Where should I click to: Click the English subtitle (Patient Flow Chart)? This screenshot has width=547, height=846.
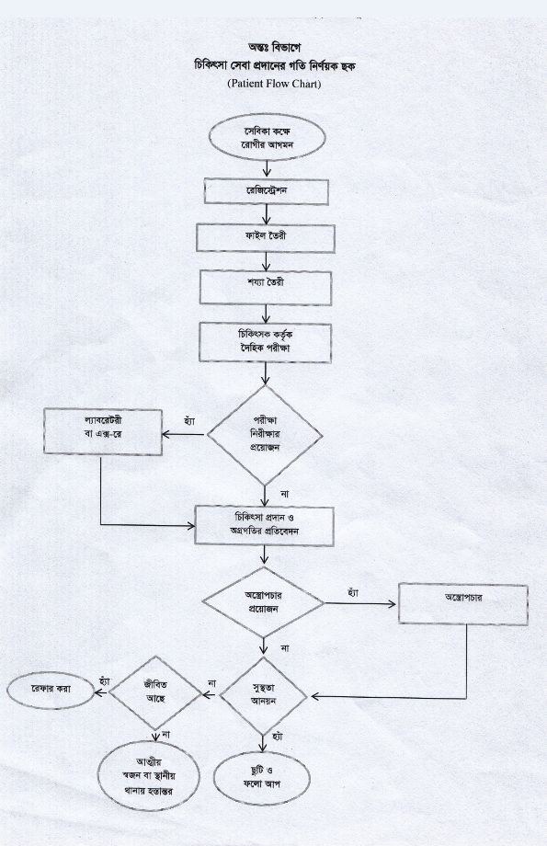click(x=274, y=83)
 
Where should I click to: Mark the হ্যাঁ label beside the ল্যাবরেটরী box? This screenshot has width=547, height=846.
click(x=189, y=420)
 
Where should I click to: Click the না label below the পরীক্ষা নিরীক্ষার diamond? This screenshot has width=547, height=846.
click(x=285, y=494)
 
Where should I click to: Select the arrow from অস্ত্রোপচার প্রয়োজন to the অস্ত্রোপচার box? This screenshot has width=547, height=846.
click(x=359, y=604)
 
